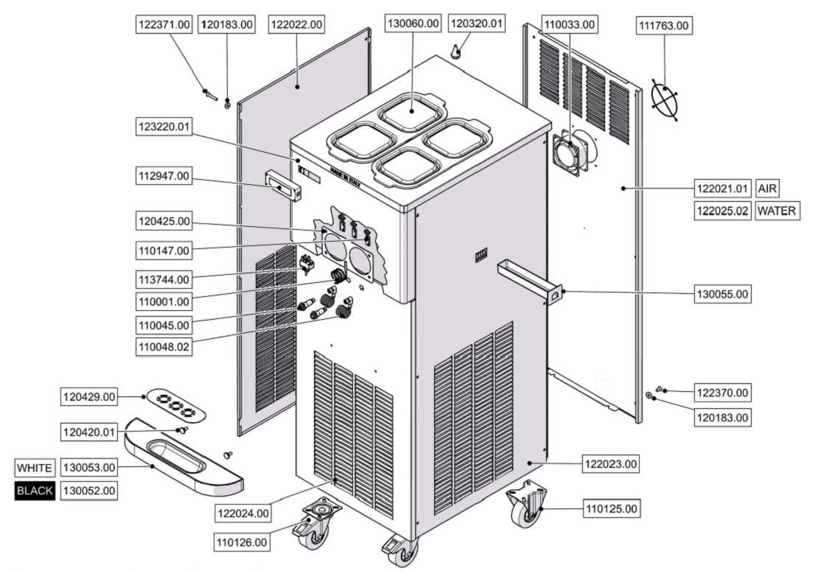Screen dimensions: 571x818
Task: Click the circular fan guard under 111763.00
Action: pyautogui.click(x=665, y=97)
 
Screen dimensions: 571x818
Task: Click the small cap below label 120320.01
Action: pyautogui.click(x=456, y=51)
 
